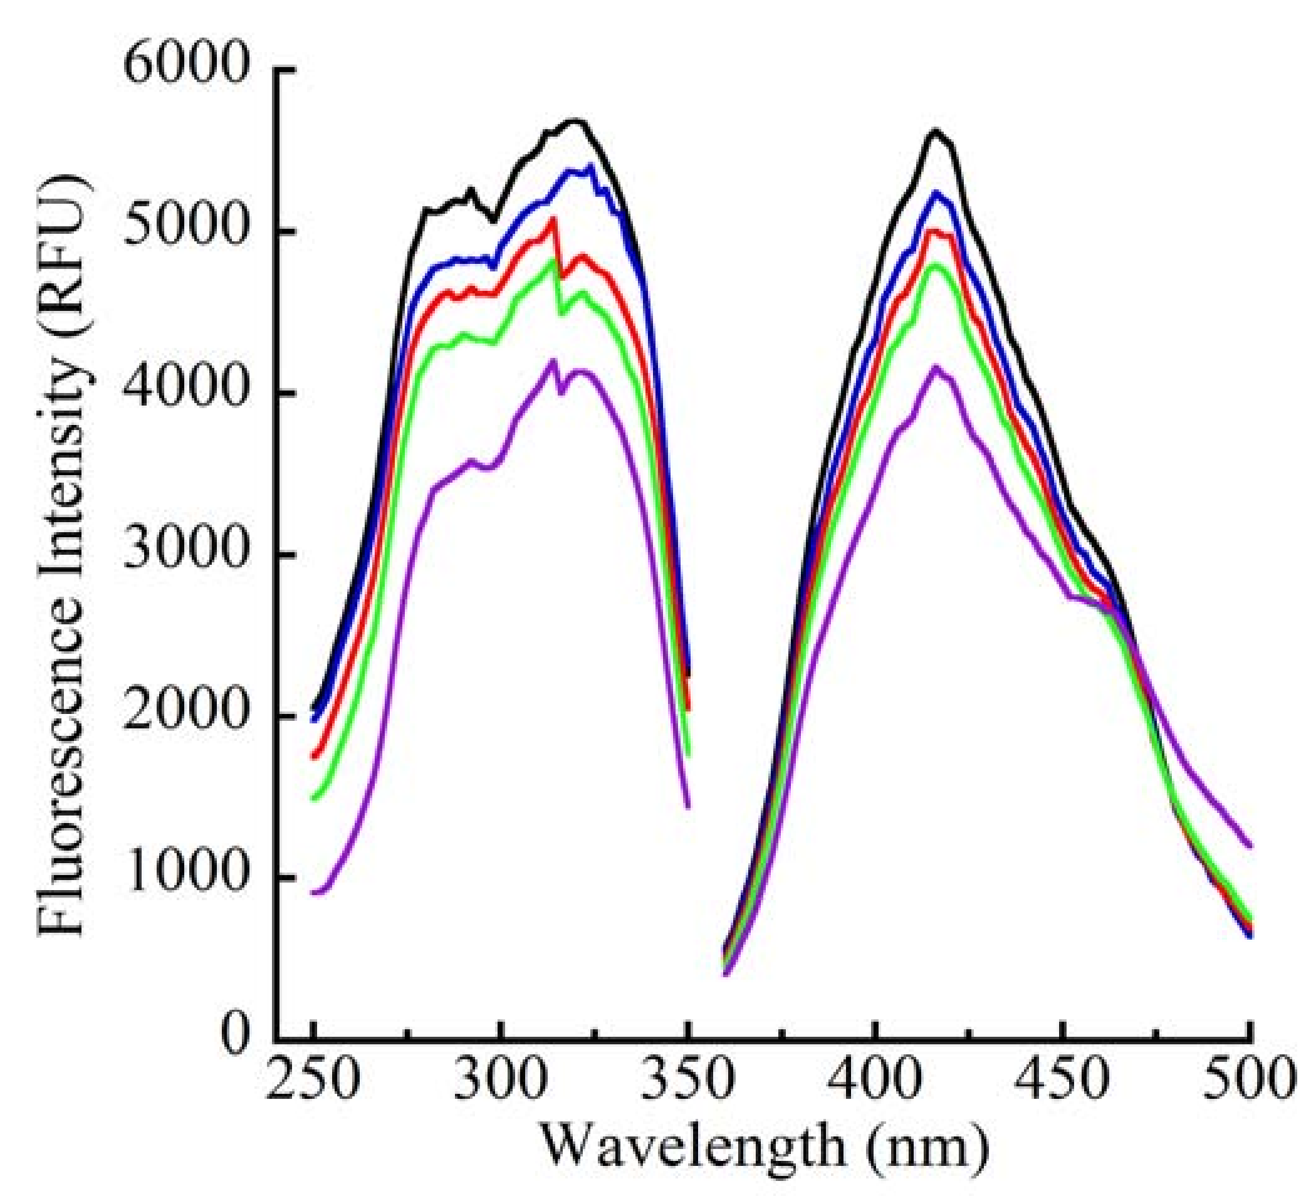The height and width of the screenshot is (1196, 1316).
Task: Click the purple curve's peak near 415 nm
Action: pos(936,367)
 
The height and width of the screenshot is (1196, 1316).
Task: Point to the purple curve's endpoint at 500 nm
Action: pos(1249,846)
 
